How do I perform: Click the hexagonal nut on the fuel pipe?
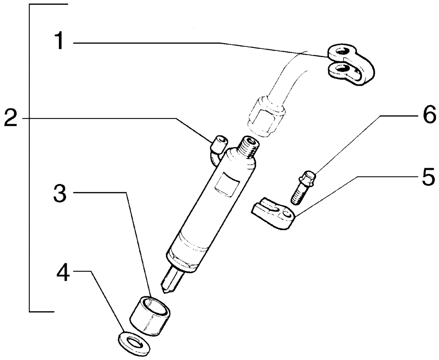pyautogui.click(x=265, y=110)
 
